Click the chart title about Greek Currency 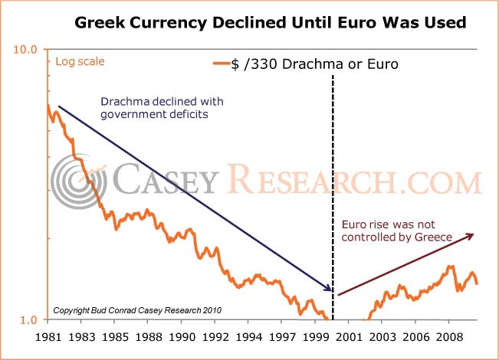pos(271,22)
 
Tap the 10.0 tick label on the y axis pos(25,50)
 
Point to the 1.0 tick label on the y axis pos(28,320)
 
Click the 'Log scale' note pos(80,62)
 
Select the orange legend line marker pos(222,64)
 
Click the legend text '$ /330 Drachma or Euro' pos(314,64)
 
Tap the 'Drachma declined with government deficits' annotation pos(162,108)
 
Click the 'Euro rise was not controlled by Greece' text pos(397,231)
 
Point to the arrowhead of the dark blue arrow pos(328,287)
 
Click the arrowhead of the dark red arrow pos(470,236)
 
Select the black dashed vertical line pos(333,198)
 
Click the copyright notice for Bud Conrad pos(137,310)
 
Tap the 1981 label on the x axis pos(48,337)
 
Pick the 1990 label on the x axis pos(182,337)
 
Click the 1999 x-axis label pos(315,337)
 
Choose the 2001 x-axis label pos(349,337)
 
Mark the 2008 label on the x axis pos(449,337)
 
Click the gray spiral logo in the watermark pos(79,182)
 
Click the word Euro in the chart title pos(357,22)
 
